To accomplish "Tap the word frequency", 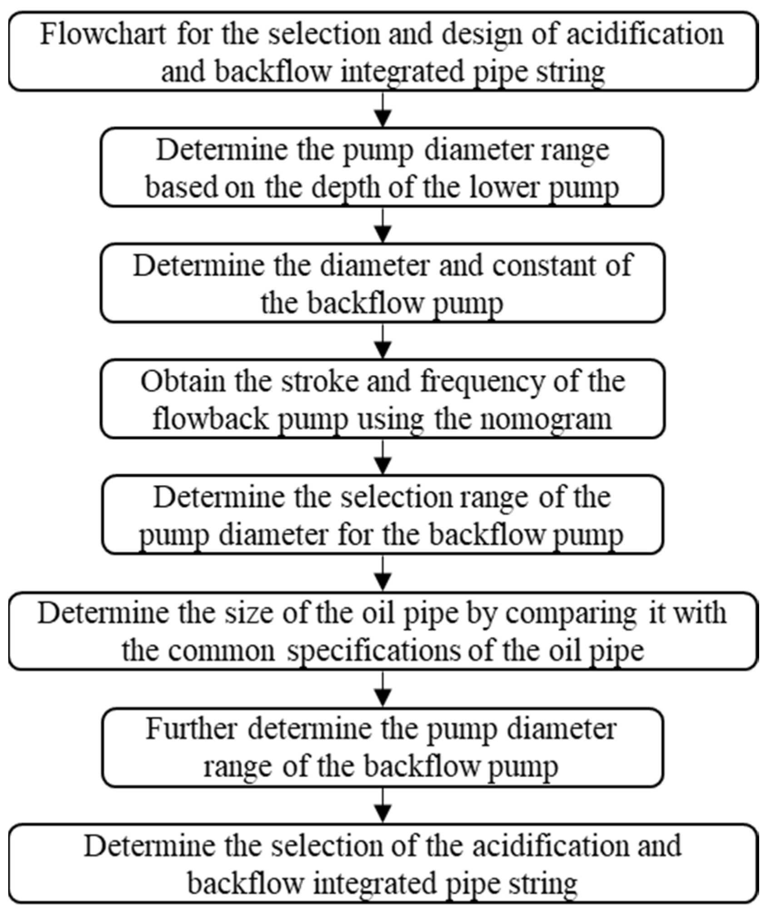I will click(481, 382).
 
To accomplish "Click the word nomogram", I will click(545, 419).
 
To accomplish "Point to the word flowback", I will click(210, 419).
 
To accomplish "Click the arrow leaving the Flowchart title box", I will click(383, 109).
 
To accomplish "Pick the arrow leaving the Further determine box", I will click(383, 805).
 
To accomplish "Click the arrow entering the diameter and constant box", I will click(383, 225).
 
